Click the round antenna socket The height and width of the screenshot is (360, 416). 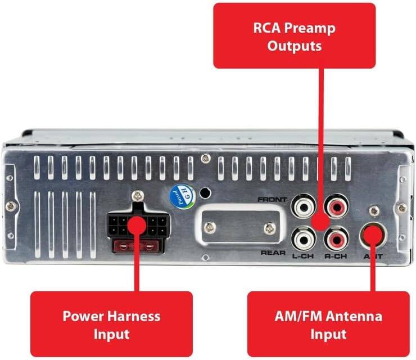373,236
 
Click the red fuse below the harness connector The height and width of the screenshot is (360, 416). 138,245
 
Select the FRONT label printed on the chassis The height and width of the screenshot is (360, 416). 272,200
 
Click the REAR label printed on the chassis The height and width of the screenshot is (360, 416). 274,253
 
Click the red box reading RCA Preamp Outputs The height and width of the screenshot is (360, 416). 294,35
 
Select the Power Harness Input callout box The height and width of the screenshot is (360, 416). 111,324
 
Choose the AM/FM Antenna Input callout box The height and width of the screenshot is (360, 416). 328,324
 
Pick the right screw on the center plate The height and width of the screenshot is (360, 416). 270,228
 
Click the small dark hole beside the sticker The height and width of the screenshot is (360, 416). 205,193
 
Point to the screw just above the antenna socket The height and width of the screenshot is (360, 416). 373,211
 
